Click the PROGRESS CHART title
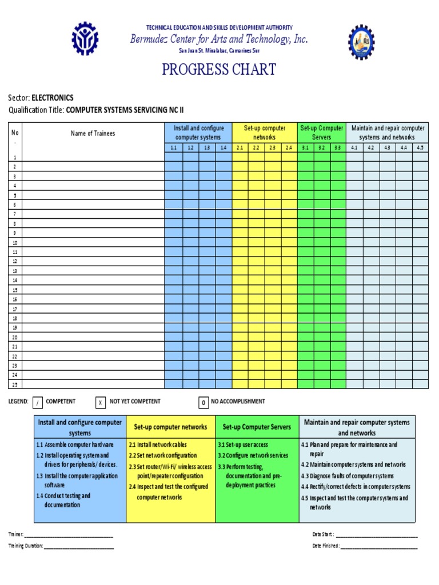point(219,70)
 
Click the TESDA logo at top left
point(85,39)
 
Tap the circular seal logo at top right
point(362,42)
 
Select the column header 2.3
point(273,148)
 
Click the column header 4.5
point(420,148)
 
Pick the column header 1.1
point(173,148)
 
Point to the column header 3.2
point(322,148)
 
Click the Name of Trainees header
point(93,134)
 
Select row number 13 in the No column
point(14,271)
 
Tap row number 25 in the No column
point(14,384)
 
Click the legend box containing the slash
point(38,403)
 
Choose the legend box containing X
point(100,403)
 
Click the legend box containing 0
point(203,403)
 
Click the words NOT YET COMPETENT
point(135,402)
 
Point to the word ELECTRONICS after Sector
point(53,98)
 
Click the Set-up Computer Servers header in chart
point(322,133)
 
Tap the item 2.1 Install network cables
point(158,444)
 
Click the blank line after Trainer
point(69,535)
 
